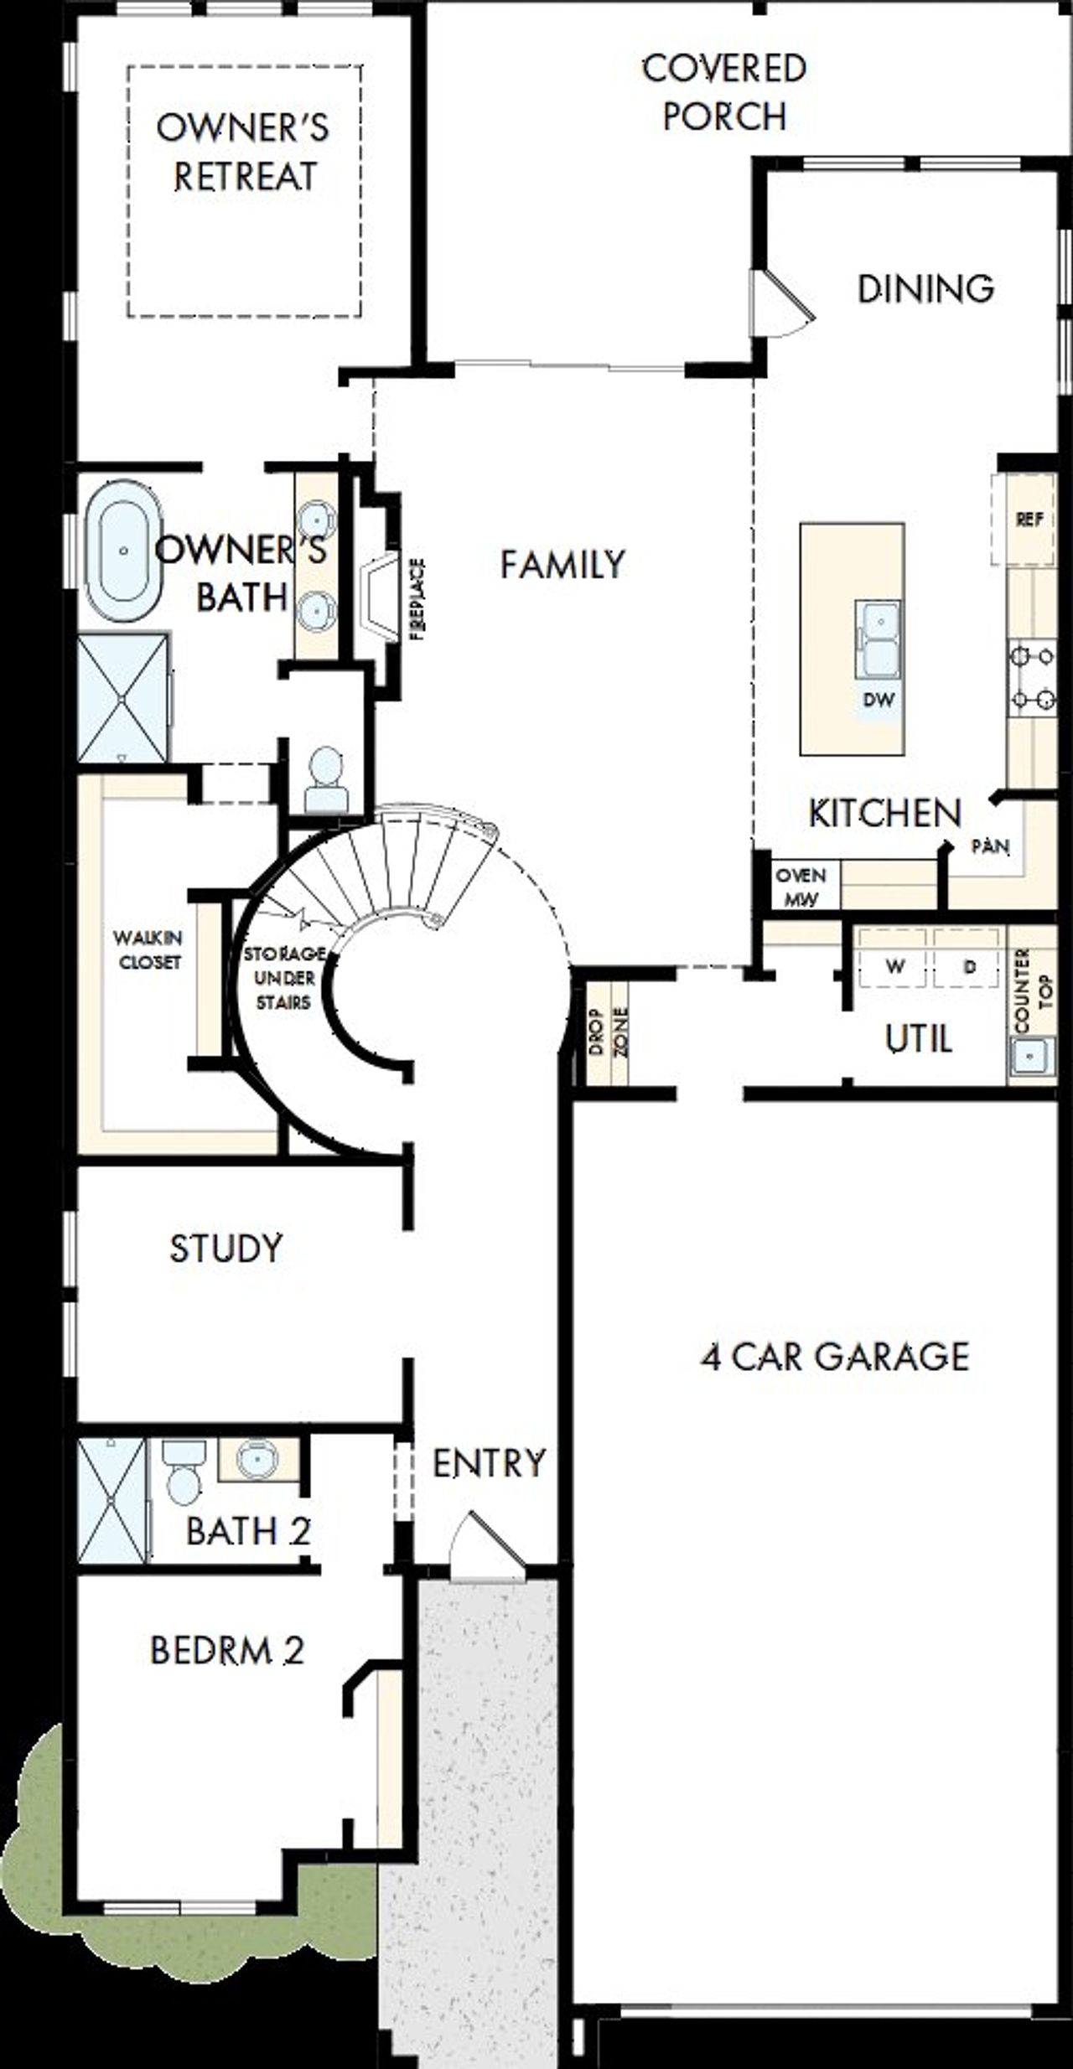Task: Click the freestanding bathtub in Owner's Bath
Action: tap(123, 551)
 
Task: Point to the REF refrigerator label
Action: tap(1029, 520)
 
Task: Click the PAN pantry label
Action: tap(990, 846)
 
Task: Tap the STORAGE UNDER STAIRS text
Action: tap(283, 977)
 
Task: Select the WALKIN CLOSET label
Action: tap(149, 949)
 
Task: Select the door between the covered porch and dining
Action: tap(780, 303)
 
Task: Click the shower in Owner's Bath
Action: tap(123, 698)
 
